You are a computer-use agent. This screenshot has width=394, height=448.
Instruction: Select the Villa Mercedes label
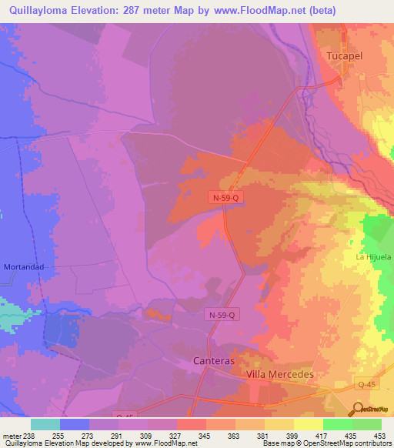click(280, 373)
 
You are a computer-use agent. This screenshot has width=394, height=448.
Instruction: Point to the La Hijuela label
click(373, 257)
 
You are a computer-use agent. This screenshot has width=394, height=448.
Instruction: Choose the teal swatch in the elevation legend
click(45, 424)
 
